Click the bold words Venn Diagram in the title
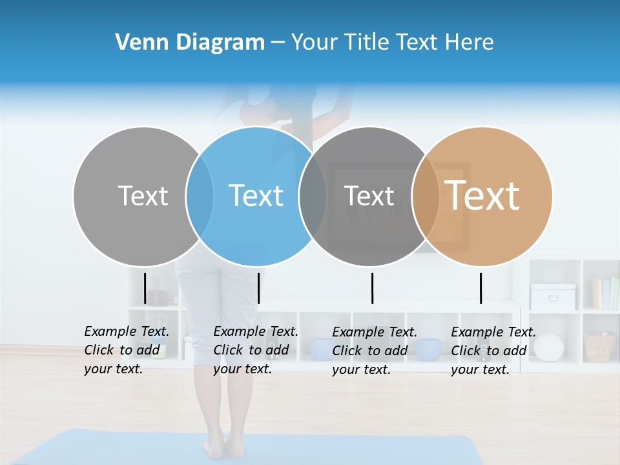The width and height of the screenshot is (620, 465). coord(190,43)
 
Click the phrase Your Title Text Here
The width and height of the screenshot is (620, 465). coord(392,43)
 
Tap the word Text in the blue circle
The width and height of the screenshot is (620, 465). coord(256,196)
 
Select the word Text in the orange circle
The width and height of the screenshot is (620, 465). coord(482,196)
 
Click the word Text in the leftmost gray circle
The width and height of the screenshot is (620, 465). coord(143,196)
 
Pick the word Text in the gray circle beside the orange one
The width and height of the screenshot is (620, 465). coord(369,196)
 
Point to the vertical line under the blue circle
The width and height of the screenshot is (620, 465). coord(258,288)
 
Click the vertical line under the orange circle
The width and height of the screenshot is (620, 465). coord(480,288)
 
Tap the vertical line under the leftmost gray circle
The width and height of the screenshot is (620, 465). coord(145,288)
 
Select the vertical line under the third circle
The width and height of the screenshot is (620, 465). coord(372,288)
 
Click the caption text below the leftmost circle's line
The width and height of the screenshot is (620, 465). coord(126,350)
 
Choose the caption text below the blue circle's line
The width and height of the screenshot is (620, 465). coord(255,350)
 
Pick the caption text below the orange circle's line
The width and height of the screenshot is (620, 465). coord(493,351)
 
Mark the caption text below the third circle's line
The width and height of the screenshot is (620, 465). coord(374,351)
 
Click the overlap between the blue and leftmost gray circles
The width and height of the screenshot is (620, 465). coord(200,196)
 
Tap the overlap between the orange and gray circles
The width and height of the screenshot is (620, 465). coord(426,196)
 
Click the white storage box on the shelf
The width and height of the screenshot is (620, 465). coord(553,296)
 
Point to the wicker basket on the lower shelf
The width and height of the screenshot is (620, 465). coord(599,347)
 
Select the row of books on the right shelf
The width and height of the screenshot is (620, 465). coord(605,294)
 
